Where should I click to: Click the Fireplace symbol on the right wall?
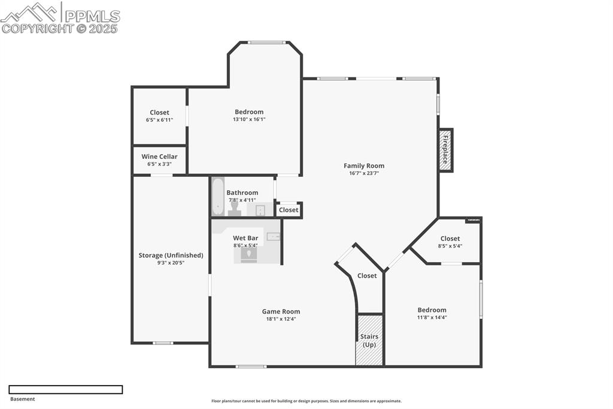(x=446, y=150)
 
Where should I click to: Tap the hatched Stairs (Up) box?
(x=369, y=340)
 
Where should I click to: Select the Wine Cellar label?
(x=159, y=157)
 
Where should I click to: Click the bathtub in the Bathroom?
(x=218, y=197)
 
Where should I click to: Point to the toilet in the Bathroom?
(x=234, y=207)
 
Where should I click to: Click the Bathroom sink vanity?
(x=260, y=209)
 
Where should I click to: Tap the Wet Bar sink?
(x=273, y=237)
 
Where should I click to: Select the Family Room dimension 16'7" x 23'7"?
(x=364, y=173)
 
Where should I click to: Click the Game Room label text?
(x=281, y=311)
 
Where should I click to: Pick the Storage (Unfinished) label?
(x=171, y=255)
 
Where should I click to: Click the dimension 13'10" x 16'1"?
(x=249, y=119)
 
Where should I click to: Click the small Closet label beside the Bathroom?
(x=289, y=210)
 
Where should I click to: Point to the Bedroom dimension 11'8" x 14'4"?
(x=432, y=318)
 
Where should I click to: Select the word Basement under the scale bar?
(x=23, y=399)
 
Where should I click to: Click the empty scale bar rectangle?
(x=66, y=389)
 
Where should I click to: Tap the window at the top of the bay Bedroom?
(x=266, y=43)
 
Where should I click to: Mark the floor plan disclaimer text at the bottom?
(x=306, y=401)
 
